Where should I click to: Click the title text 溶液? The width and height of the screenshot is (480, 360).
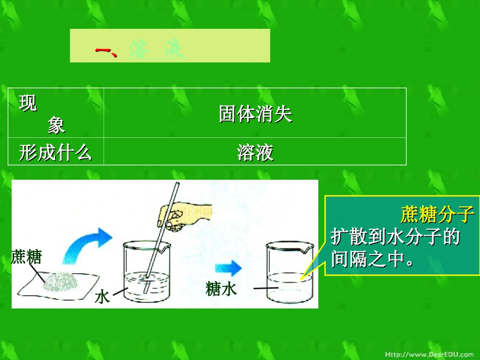point(157,49)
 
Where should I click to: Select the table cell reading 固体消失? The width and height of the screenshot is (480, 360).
point(255,114)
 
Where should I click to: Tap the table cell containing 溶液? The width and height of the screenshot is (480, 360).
point(255,152)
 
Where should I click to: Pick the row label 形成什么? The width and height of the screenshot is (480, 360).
point(56,152)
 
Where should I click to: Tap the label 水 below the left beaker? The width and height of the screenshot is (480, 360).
point(102,296)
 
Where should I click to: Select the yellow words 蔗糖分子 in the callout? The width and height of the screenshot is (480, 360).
point(438,215)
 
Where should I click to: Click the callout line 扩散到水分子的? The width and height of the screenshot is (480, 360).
point(395,236)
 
